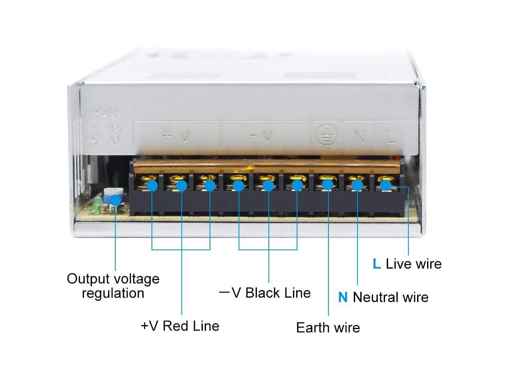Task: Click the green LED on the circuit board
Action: [96, 207]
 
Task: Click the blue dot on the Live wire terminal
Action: [385, 185]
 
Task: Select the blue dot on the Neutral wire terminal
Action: [357, 185]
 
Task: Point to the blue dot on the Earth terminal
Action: [328, 184]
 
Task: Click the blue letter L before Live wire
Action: [377, 264]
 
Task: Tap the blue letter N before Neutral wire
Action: [343, 297]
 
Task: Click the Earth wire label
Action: [328, 327]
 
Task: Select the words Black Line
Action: [278, 293]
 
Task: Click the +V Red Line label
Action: [180, 326]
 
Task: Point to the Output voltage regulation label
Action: [113, 286]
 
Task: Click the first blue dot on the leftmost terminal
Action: [152, 185]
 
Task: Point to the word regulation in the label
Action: [113, 293]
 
